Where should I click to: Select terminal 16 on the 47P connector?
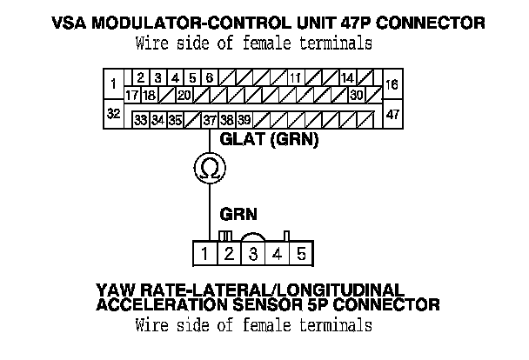point(392,85)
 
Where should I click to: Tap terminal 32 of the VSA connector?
point(112,114)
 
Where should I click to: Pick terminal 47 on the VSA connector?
point(392,114)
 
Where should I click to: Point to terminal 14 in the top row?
point(346,78)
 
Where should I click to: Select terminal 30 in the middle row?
point(357,94)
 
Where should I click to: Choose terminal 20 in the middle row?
point(184,94)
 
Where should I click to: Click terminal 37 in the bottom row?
point(209,120)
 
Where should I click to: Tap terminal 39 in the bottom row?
point(245,120)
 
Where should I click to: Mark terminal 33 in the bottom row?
point(140,120)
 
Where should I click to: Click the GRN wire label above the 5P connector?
point(238,212)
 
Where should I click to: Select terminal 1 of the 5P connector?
point(204,254)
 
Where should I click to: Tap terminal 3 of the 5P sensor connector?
point(252,254)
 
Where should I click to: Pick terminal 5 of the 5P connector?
point(300,254)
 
